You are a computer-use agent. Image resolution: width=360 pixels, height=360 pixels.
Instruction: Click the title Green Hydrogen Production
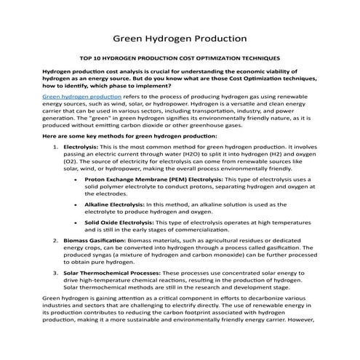pos(180,37)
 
